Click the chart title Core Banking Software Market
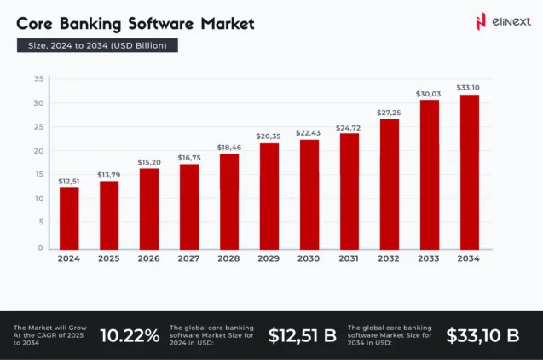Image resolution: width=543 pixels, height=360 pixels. click(x=136, y=23)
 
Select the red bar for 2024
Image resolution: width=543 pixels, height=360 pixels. click(x=69, y=218)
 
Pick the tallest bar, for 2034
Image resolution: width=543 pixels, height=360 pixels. click(x=470, y=171)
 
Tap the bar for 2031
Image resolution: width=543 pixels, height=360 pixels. click(x=349, y=190)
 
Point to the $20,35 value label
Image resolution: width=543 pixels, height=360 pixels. click(x=269, y=135)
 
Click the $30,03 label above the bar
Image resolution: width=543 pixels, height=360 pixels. click(x=430, y=93)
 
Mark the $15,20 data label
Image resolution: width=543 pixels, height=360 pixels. click(x=149, y=161)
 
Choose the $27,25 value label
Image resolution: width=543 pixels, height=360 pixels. click(x=390, y=112)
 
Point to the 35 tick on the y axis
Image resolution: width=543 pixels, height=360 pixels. click(x=39, y=79)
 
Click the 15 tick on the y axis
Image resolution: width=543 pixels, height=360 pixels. click(x=39, y=175)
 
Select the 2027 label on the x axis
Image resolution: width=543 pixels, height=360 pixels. click(x=189, y=258)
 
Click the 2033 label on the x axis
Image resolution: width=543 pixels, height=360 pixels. click(x=430, y=258)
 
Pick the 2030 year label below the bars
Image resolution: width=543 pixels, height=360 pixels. click(x=309, y=258)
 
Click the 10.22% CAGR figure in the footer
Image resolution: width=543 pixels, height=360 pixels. click(x=130, y=335)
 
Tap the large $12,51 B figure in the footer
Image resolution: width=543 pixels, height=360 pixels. click(x=302, y=335)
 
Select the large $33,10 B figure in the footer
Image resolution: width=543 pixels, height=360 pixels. click(x=482, y=335)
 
